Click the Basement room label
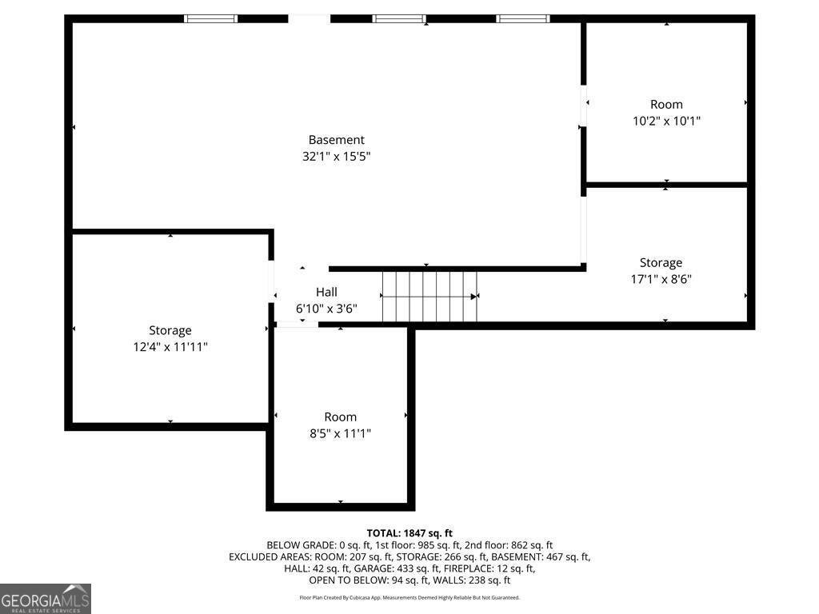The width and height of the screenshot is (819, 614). click(x=337, y=140)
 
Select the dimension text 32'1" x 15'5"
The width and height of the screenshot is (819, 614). click(x=337, y=156)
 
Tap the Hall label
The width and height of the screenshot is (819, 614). click(x=326, y=292)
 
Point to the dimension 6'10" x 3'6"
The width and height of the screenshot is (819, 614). click(x=326, y=309)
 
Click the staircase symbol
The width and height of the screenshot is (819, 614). click(x=429, y=297)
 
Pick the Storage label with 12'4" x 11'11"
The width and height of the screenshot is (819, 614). click(x=170, y=330)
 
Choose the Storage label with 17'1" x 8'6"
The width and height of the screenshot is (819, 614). click(x=661, y=262)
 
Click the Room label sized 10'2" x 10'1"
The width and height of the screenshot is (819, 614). click(x=666, y=105)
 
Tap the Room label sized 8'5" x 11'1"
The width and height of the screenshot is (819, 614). click(x=341, y=417)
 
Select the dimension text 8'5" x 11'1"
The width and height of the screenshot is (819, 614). click(x=341, y=433)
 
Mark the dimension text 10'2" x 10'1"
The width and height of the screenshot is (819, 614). click(x=666, y=121)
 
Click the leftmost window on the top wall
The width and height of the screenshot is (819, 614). click(x=210, y=19)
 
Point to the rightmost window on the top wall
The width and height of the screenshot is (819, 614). click(x=523, y=19)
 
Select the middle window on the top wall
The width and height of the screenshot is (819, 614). click(x=399, y=19)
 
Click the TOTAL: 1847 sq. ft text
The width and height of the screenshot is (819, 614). click(x=409, y=533)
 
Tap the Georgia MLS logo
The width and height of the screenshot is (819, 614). click(x=46, y=599)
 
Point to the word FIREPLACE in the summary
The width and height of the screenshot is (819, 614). click(x=465, y=568)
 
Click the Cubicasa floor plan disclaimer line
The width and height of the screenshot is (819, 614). click(x=409, y=597)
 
